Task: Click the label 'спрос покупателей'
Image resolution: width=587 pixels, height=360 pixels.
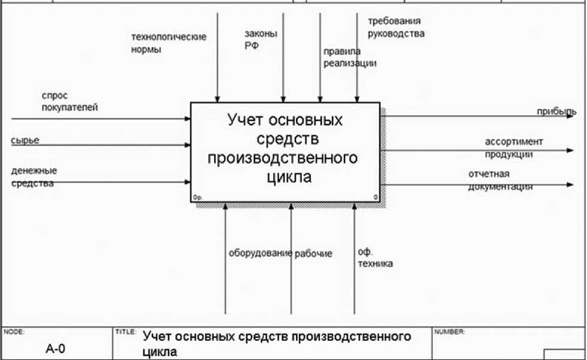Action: click(x=70, y=101)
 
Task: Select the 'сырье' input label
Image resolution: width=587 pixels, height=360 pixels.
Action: click(x=25, y=140)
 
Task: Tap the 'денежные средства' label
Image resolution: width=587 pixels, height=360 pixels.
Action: click(x=34, y=177)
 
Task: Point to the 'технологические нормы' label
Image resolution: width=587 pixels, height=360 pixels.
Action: click(x=169, y=43)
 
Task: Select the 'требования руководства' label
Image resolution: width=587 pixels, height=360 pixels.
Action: click(x=396, y=28)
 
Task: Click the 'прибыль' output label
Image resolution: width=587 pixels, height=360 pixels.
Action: click(x=557, y=111)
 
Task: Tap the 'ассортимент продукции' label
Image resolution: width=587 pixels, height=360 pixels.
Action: click(x=514, y=148)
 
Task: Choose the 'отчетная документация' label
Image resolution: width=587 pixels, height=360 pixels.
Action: click(x=501, y=181)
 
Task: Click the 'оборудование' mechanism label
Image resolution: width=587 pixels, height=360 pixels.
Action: click(x=260, y=253)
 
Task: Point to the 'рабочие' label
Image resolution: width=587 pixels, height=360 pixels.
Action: click(x=313, y=253)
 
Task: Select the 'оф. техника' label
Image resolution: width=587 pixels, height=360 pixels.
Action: click(x=375, y=258)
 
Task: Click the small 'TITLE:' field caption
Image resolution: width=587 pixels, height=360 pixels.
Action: click(x=125, y=331)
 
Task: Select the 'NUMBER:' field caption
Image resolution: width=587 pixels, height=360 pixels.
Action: click(x=450, y=331)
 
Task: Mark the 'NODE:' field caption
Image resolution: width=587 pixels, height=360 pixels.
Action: click(x=14, y=331)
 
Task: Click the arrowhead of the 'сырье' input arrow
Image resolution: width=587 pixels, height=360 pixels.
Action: click(x=187, y=145)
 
